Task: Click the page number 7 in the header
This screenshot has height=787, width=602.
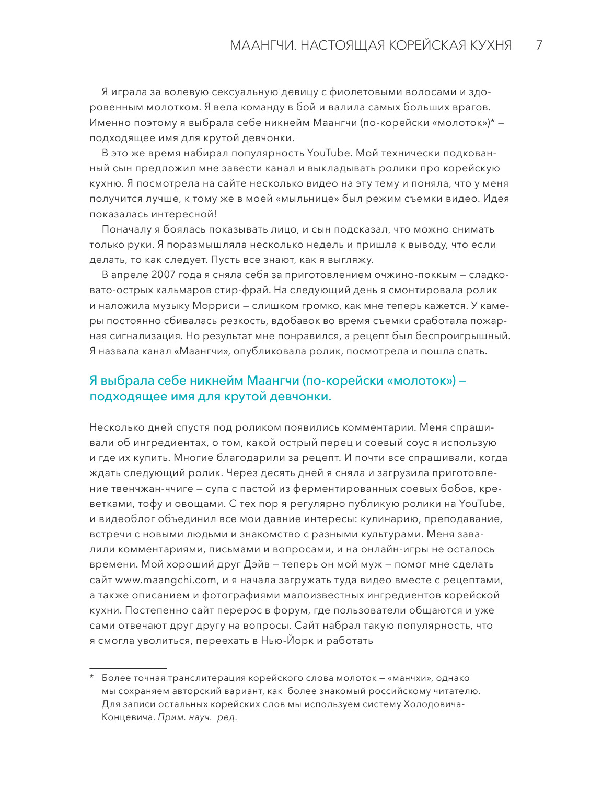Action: point(539,45)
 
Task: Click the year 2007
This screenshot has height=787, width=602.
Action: point(164,275)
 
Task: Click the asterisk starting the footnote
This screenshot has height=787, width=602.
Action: point(91,678)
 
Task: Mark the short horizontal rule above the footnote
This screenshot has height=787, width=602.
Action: point(128,668)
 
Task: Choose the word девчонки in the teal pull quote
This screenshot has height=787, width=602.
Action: point(301,397)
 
